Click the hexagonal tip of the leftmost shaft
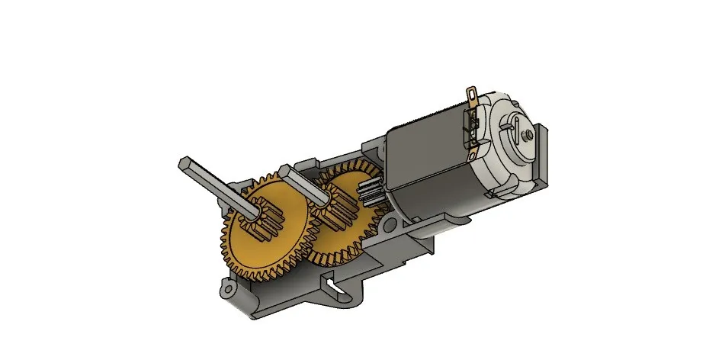(187, 162)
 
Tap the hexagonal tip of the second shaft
(286, 169)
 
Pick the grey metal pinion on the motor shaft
(373, 191)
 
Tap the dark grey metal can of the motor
(427, 168)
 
